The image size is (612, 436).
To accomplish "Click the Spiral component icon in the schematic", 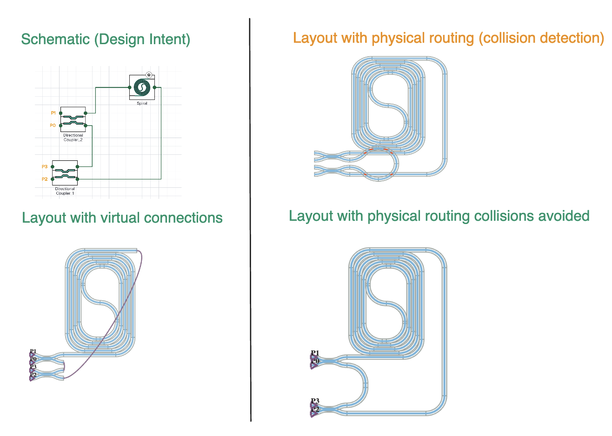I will pyautogui.click(x=141, y=87).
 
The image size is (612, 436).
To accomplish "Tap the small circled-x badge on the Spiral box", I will pyautogui.click(x=149, y=75).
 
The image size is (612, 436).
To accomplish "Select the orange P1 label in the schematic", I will pyautogui.click(x=53, y=113).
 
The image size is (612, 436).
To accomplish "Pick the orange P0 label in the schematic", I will pyautogui.click(x=53, y=126).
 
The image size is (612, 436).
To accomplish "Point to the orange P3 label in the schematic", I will pyautogui.click(x=45, y=166).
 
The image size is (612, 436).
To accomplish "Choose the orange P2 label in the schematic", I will pyautogui.click(x=45, y=179).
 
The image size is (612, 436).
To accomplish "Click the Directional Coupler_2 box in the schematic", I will pyautogui.click(x=73, y=119).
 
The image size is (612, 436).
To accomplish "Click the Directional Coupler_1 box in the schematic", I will pyautogui.click(x=65, y=173).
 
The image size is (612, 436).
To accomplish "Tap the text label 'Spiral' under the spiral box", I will pyautogui.click(x=142, y=103).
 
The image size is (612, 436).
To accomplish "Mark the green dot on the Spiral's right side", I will pyautogui.click(x=154, y=87).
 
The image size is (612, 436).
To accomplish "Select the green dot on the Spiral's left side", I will pyautogui.click(x=130, y=87).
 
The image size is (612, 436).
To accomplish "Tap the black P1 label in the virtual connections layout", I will pyautogui.click(x=33, y=352).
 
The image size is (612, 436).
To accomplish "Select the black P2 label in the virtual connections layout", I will pyautogui.click(x=33, y=375).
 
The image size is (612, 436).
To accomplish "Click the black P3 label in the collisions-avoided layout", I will pyautogui.click(x=315, y=401).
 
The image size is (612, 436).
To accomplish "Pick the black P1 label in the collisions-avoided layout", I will pyautogui.click(x=315, y=353).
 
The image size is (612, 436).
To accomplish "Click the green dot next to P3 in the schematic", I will pyautogui.click(x=53, y=166).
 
